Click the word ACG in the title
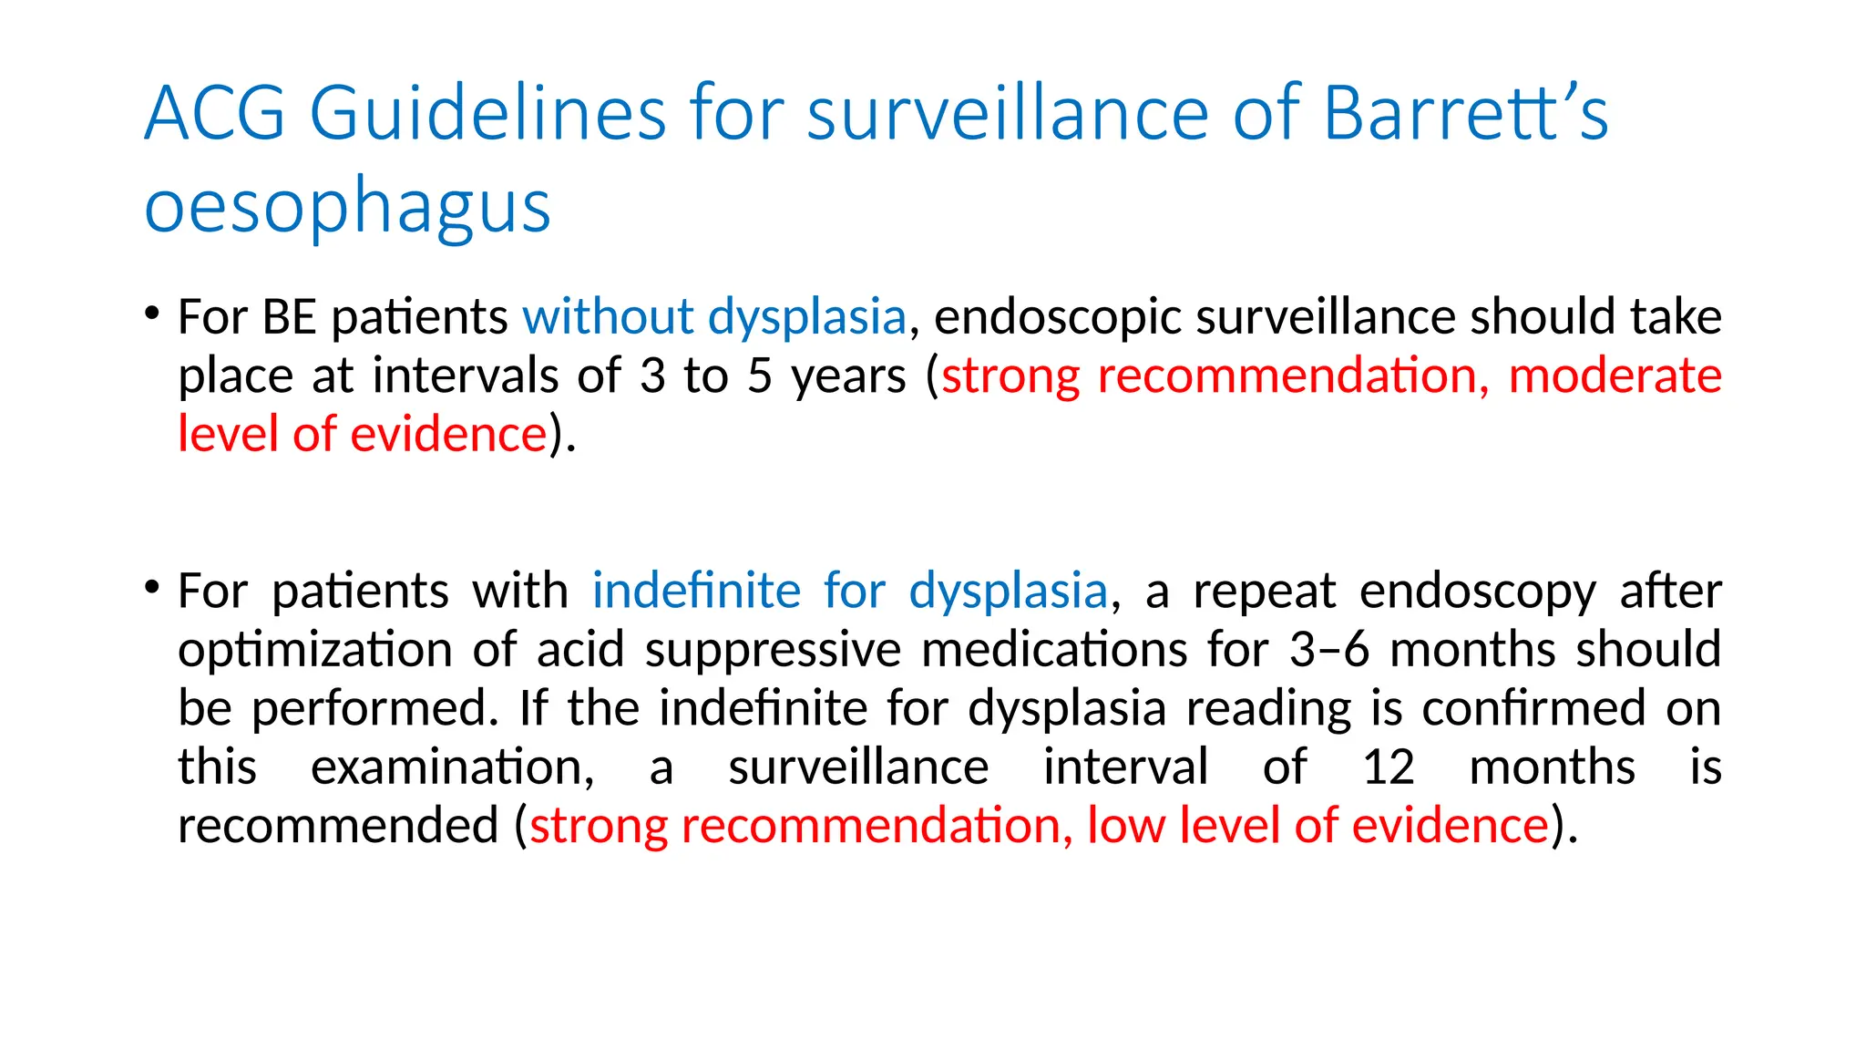[x=215, y=113]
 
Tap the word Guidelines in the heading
[x=488, y=113]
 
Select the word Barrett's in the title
[x=1465, y=113]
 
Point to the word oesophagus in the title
[x=347, y=206]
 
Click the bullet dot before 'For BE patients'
[x=152, y=313]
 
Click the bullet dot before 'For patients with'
[x=152, y=586]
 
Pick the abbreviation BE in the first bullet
[x=289, y=317]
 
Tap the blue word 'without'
[x=608, y=317]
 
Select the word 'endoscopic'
[x=1058, y=317]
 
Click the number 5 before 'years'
[x=760, y=376]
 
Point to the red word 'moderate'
[x=1615, y=376]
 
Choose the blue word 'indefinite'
[x=696, y=591]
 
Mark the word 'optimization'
[x=315, y=650]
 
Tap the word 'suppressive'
[x=773, y=650]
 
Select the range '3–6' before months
[x=1329, y=650]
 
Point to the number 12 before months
[x=1388, y=767]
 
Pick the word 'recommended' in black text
[x=338, y=826]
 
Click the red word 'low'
[x=1126, y=826]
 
